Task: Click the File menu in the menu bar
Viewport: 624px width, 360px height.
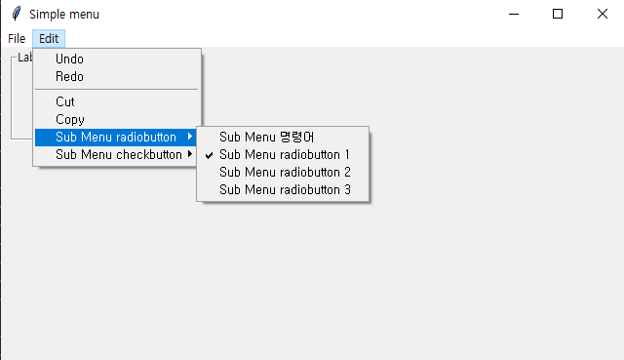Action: pos(17,38)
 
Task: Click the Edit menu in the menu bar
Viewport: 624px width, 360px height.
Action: pos(49,38)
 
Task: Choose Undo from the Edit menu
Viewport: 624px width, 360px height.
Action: pos(69,60)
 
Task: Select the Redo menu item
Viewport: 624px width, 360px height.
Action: pos(69,76)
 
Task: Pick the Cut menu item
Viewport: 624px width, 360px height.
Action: pos(65,101)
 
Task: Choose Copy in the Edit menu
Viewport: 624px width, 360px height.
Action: pos(71,119)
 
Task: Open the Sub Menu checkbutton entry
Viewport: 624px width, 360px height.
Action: pos(118,154)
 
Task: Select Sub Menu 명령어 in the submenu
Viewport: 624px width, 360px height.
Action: pos(266,137)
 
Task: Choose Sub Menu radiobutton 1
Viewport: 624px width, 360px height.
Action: pos(284,154)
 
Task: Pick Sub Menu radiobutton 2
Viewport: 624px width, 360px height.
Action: pos(284,172)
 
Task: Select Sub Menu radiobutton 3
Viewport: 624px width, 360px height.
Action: pos(284,189)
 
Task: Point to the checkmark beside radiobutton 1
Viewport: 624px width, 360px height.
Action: pos(209,154)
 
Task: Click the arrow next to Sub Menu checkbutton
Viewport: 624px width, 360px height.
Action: pos(190,154)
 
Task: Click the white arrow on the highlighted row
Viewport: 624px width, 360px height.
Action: pos(190,137)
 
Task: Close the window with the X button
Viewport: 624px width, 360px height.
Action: pos(602,14)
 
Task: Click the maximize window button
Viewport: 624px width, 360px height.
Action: pos(558,14)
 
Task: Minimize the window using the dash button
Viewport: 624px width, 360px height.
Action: pos(513,14)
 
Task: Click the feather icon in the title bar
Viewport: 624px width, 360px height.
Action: pos(16,14)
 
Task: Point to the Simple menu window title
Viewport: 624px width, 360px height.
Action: pos(64,15)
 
